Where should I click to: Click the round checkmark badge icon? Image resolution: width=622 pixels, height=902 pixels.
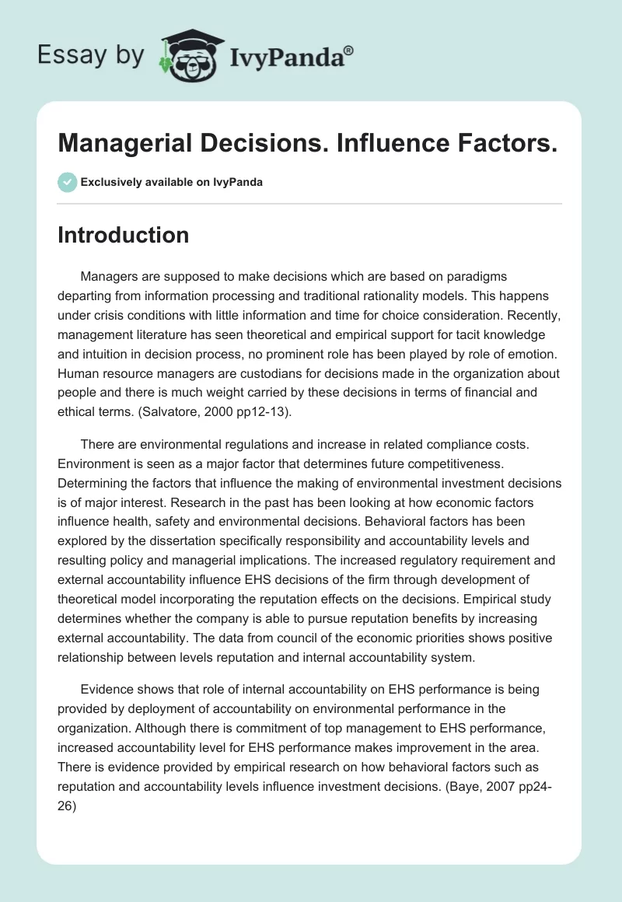click(67, 182)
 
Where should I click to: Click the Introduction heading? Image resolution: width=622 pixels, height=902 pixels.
click(123, 235)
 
